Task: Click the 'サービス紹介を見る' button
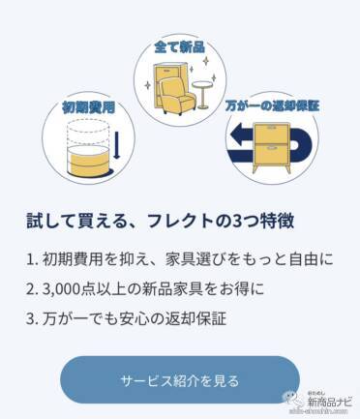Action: pyautogui.click(x=180, y=380)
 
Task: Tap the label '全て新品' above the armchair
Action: pyautogui.click(x=180, y=47)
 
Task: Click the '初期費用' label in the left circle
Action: pyautogui.click(x=88, y=107)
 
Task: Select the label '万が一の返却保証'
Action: pyautogui.click(x=272, y=105)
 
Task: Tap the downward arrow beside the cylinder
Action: pyautogui.click(x=116, y=145)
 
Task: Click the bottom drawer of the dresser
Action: pyautogui.click(x=272, y=154)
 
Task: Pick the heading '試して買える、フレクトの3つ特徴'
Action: pyautogui.click(x=161, y=222)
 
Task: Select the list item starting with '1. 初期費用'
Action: pyautogui.click(x=180, y=260)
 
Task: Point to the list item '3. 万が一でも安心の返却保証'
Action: pyautogui.click(x=126, y=318)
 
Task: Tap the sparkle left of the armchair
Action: pyautogui.click(x=148, y=86)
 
